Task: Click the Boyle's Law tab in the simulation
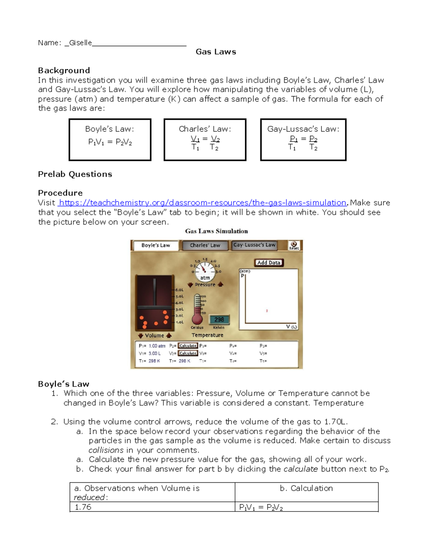click(x=156, y=245)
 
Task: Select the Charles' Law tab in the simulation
click(x=205, y=245)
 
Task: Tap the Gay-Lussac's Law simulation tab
click(x=254, y=245)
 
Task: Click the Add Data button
click(x=269, y=263)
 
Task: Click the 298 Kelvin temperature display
click(x=219, y=320)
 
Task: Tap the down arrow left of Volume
click(x=140, y=335)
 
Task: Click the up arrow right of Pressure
click(x=220, y=284)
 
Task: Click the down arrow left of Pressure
click(x=190, y=285)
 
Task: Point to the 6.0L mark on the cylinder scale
click(x=179, y=290)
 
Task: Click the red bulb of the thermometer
click(x=197, y=319)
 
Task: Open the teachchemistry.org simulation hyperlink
click(x=203, y=203)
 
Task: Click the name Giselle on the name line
click(x=80, y=43)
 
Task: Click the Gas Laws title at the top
click(x=216, y=52)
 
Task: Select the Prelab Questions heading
click(x=75, y=174)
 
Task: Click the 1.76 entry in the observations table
click(x=83, y=507)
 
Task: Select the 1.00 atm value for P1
click(x=157, y=346)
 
